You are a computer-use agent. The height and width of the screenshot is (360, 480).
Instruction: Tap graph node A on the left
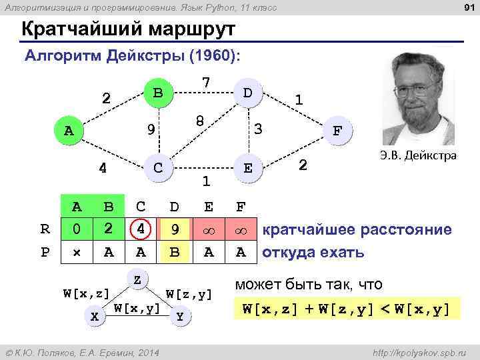click(69, 131)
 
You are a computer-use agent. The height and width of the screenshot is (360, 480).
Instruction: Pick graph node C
click(157, 167)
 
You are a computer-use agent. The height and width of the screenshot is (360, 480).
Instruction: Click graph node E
click(247, 168)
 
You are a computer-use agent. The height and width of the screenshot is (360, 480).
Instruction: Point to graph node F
click(338, 131)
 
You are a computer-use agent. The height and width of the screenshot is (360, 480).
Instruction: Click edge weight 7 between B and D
click(207, 82)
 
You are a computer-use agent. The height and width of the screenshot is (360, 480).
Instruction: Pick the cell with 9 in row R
click(175, 230)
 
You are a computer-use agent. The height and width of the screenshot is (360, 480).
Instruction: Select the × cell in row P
click(77, 252)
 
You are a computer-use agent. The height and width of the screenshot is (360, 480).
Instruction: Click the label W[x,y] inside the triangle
click(137, 308)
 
